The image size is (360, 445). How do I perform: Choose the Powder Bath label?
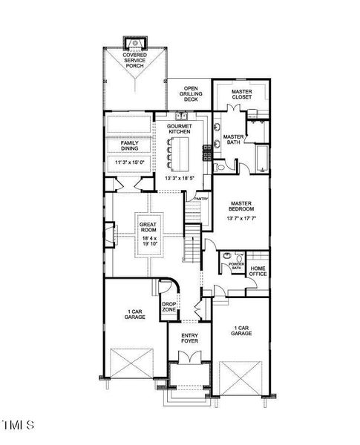(x=236, y=266)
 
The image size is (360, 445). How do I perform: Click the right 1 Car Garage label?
(x=241, y=332)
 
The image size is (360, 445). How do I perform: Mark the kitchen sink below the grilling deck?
(x=180, y=116)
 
